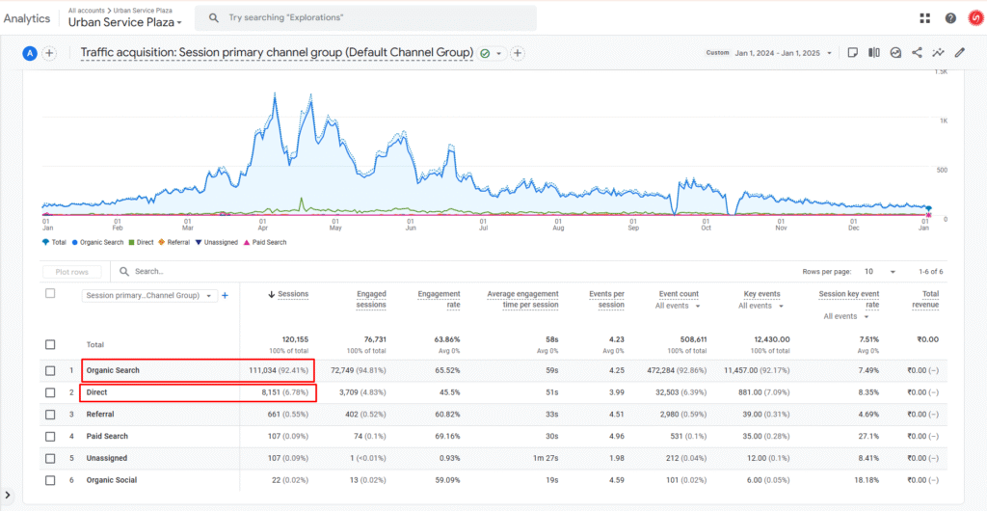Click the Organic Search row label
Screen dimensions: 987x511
113,370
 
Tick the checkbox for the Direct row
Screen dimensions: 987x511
50,392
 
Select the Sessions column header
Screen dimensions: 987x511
289,294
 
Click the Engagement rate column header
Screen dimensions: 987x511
439,299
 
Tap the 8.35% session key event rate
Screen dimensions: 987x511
868,392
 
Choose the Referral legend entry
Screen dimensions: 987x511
175,242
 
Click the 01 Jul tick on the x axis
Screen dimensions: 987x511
484,225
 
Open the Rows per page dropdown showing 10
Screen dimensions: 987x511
880,272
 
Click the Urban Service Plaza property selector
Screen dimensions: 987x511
125,22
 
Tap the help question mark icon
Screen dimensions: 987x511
950,18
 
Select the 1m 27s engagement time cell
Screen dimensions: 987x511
546,458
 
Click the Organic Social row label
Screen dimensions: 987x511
112,480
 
